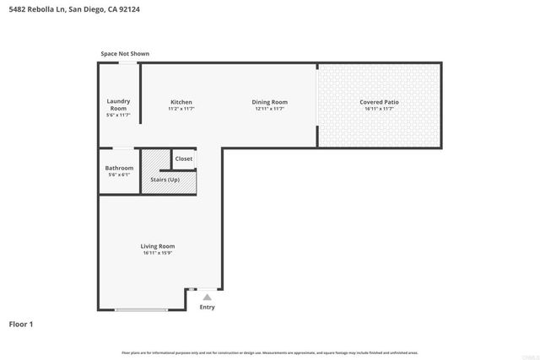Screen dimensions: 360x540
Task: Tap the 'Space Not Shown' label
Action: pyautogui.click(x=125, y=54)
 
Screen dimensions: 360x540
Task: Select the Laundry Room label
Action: pyautogui.click(x=118, y=105)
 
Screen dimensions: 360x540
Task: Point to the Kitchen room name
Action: pyautogui.click(x=181, y=102)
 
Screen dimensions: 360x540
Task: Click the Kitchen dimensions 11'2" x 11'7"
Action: pyautogui.click(x=181, y=109)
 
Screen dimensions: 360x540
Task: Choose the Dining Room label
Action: pyautogui.click(x=270, y=102)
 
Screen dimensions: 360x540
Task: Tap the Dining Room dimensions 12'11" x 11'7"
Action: pyautogui.click(x=270, y=109)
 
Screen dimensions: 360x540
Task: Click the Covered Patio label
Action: pyautogui.click(x=379, y=102)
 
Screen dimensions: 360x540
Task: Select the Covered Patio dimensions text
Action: pyautogui.click(x=379, y=109)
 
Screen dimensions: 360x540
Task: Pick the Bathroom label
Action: pyautogui.click(x=119, y=168)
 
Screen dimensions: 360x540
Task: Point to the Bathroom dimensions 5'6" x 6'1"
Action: pyautogui.click(x=119, y=175)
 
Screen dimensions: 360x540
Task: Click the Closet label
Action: pyautogui.click(x=184, y=159)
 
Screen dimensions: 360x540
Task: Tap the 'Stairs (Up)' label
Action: pyautogui.click(x=165, y=180)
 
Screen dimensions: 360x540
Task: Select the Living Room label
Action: pyautogui.click(x=158, y=245)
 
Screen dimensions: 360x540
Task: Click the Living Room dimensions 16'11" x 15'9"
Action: pyautogui.click(x=158, y=252)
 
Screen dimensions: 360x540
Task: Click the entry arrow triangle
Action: pyautogui.click(x=207, y=296)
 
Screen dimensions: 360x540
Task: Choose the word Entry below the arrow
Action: pyautogui.click(x=207, y=307)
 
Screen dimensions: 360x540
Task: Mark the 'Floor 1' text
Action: pyautogui.click(x=22, y=324)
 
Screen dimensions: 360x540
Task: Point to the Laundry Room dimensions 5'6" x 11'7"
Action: pyautogui.click(x=118, y=116)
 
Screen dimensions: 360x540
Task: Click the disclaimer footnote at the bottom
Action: pyautogui.click(x=270, y=352)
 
